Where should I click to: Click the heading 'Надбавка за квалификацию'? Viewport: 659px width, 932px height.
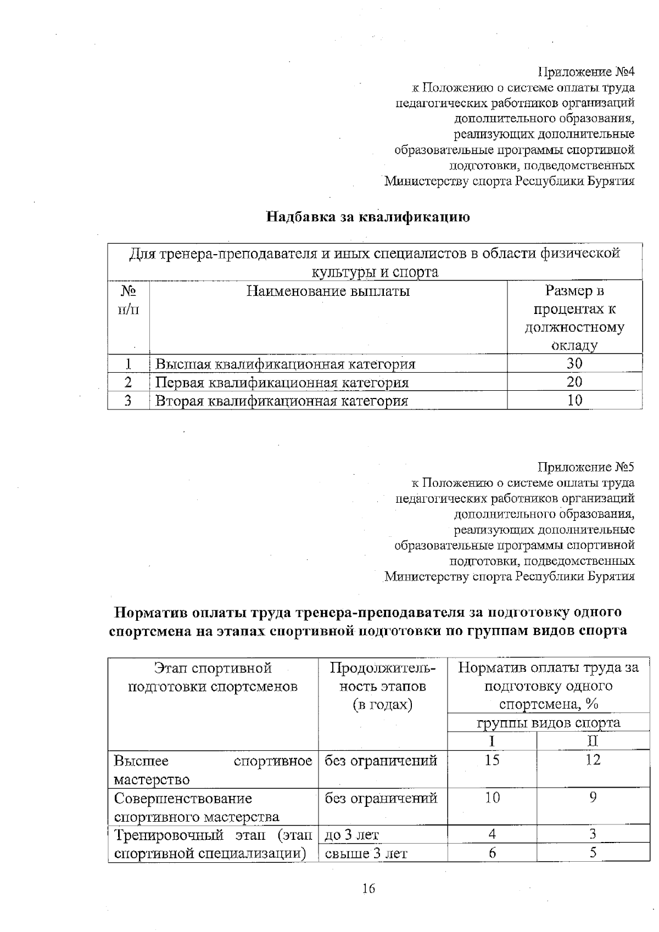click(x=368, y=217)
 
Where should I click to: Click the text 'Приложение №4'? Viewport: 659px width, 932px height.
click(x=586, y=72)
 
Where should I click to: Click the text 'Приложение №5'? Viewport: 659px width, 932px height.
click(x=586, y=467)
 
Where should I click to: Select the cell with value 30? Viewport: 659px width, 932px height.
click(x=574, y=363)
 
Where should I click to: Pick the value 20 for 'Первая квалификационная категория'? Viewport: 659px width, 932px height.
click(x=574, y=382)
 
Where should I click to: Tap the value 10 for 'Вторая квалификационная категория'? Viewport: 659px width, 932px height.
click(x=574, y=401)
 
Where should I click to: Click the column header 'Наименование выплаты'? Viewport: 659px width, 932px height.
click(x=328, y=291)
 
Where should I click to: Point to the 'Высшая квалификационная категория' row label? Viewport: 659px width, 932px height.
click(x=285, y=364)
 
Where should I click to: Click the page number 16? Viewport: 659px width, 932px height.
click(x=368, y=889)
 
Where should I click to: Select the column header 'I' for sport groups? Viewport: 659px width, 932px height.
click(x=493, y=741)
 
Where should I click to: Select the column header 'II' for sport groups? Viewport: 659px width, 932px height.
click(x=593, y=741)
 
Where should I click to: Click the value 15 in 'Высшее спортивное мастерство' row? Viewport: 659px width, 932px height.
click(x=493, y=760)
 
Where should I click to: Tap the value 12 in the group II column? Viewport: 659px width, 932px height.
click(x=593, y=760)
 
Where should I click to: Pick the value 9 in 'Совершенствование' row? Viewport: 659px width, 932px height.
click(x=593, y=798)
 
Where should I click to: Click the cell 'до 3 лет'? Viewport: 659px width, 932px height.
click(x=351, y=835)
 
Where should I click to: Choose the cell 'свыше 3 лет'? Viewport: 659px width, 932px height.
click(x=366, y=854)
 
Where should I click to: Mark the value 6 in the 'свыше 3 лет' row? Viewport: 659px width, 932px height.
click(x=493, y=854)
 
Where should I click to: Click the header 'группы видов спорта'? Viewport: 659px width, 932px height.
click(x=548, y=723)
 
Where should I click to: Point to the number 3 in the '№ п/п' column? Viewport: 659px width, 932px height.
click(x=128, y=401)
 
